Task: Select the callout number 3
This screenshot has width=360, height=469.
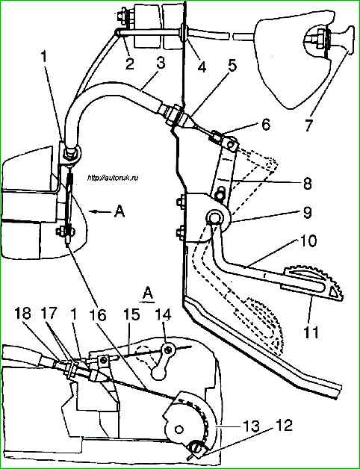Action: (161, 62)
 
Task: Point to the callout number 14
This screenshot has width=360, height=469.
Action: (164, 316)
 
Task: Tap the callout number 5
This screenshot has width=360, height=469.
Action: (232, 66)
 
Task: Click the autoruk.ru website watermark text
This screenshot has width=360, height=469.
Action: (113, 178)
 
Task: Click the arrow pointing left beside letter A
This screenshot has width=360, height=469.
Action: (100, 212)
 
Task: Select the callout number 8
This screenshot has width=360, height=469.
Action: (308, 183)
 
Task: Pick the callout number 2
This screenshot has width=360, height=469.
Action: (129, 64)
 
